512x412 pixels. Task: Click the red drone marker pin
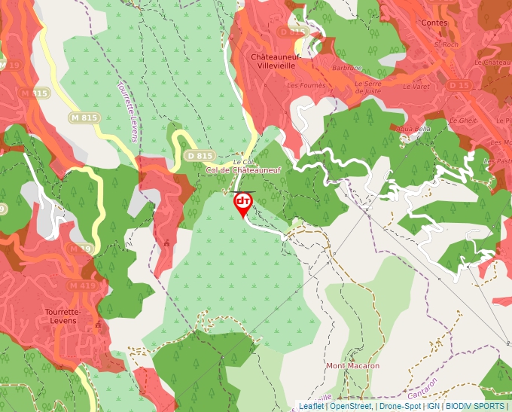point(243,204)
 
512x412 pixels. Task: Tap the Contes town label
point(434,23)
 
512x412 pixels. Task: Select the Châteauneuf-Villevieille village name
point(276,61)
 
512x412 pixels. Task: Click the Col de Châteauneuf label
point(243,170)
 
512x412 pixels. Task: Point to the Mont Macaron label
point(352,366)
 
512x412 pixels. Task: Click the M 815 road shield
point(84,117)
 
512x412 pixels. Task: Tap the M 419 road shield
point(82,285)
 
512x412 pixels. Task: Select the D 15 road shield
point(459,86)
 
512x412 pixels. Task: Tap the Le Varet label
point(415,87)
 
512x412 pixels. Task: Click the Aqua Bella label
point(414,129)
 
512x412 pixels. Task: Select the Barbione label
point(347,68)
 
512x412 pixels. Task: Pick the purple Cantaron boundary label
point(423,389)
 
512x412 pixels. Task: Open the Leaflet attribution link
point(312,406)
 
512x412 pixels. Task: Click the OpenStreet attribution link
point(351,406)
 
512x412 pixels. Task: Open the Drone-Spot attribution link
point(400,406)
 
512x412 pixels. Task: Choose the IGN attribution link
point(433,406)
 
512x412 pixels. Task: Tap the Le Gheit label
point(466,121)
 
